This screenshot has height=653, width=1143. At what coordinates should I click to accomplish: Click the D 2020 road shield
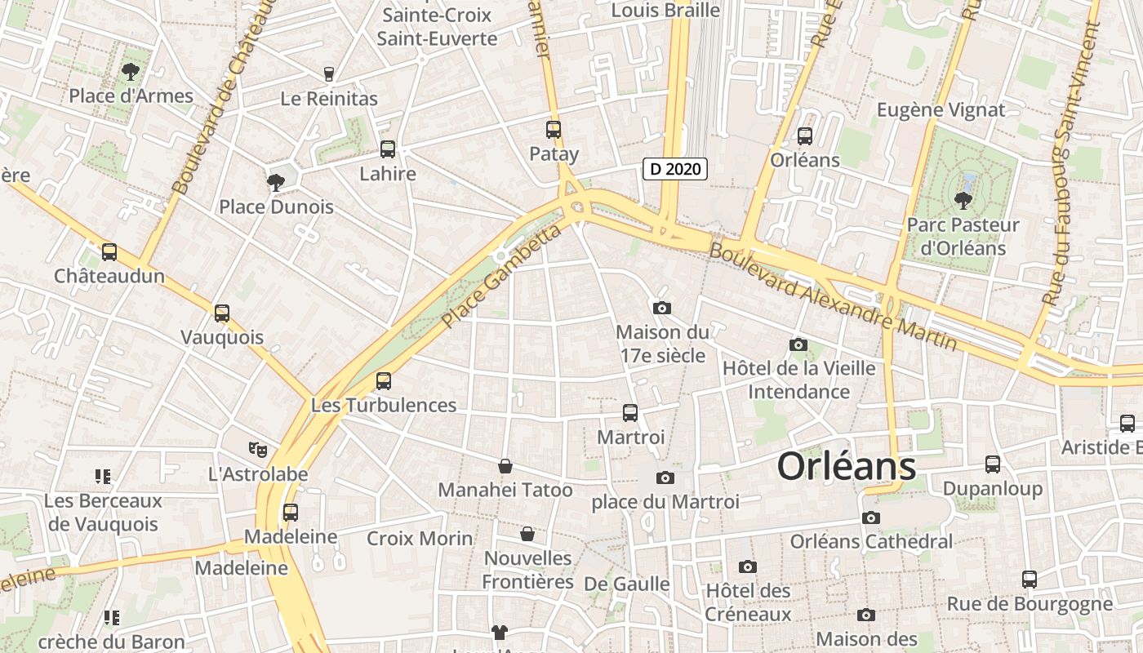674,169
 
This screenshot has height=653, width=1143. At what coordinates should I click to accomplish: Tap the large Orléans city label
846,467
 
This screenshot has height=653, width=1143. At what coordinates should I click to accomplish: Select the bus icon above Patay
554,130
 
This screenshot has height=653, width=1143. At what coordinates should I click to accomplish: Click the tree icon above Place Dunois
276,182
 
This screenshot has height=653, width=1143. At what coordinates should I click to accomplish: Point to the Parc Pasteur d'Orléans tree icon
963,200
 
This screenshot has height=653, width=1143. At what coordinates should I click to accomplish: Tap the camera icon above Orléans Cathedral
871,518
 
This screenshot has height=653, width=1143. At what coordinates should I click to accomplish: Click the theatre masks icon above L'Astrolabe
258,449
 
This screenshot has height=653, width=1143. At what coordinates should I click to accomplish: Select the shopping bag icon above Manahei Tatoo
505,466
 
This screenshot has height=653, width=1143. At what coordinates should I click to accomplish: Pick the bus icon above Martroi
630,413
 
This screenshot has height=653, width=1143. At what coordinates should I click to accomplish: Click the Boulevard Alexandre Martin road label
833,295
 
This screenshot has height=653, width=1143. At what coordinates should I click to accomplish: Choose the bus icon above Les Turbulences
384,380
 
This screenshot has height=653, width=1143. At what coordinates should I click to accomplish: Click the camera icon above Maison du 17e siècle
662,308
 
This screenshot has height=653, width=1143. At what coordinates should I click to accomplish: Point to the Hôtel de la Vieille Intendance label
798,380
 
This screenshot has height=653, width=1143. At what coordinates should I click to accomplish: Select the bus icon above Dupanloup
993,464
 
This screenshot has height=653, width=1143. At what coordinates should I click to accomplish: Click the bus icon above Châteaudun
109,252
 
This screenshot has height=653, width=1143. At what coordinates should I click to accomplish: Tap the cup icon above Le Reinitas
329,74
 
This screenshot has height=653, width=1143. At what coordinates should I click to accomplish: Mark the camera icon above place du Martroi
665,478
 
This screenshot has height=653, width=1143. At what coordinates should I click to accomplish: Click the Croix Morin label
420,539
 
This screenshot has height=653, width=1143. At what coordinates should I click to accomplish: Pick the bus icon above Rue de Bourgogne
1030,580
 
